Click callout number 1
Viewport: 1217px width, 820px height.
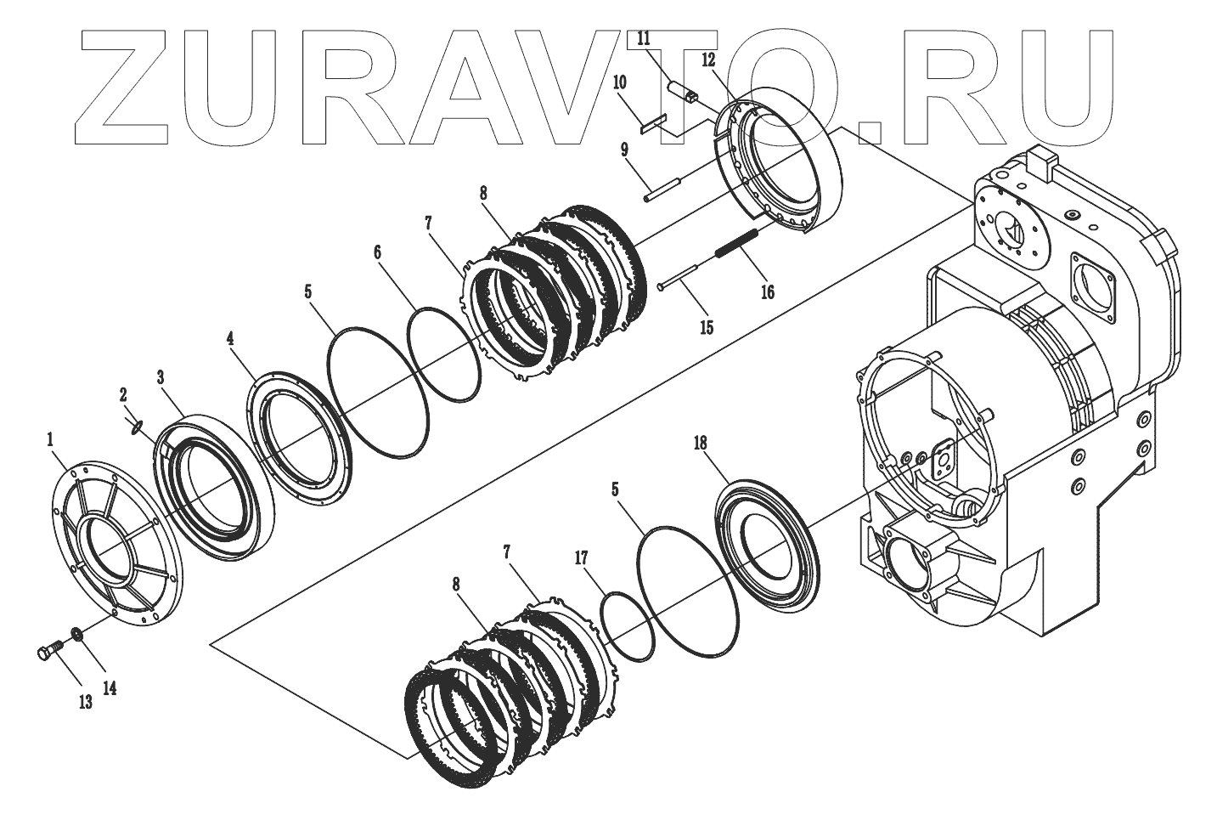(50, 439)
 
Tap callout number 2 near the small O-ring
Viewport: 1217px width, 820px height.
(123, 394)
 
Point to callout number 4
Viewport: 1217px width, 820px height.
(230, 337)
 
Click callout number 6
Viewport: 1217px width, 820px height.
(378, 252)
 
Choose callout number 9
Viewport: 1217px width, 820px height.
(624, 150)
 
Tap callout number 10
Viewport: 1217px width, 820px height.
(620, 82)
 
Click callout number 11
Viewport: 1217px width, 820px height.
(644, 37)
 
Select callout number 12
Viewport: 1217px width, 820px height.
(709, 59)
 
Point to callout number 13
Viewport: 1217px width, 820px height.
(86, 704)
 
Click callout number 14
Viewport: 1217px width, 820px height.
(110, 689)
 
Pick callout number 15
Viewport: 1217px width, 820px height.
(706, 327)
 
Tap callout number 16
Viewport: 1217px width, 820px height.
(767, 292)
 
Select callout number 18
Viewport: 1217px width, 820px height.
(700, 443)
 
